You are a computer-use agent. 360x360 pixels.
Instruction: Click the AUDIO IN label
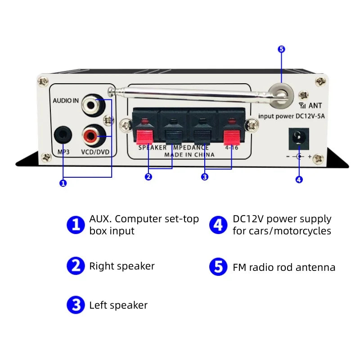pyautogui.click(x=65, y=101)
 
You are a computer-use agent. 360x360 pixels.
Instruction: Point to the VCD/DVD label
pyautogui.click(x=95, y=152)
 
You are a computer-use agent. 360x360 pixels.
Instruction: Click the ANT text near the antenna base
pyautogui.click(x=315, y=106)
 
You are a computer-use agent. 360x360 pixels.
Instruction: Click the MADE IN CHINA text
pyautogui.click(x=189, y=154)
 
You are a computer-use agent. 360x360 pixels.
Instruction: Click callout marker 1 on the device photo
pyautogui.click(x=63, y=183)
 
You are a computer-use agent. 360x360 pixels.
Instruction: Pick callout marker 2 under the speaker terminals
pyautogui.click(x=148, y=177)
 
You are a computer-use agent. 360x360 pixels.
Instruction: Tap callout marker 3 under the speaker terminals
pyautogui.click(x=205, y=177)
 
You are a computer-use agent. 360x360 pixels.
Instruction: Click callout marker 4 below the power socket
pyautogui.click(x=299, y=180)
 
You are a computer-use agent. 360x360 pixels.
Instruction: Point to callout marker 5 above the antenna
pyautogui.click(x=282, y=49)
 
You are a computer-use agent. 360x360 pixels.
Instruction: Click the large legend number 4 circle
pyautogui.click(x=218, y=225)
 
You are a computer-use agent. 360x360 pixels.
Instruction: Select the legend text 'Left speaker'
pyautogui.click(x=118, y=305)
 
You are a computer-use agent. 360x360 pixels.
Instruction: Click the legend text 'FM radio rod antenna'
pyautogui.click(x=284, y=267)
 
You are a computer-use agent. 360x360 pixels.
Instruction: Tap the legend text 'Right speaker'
pyautogui.click(x=121, y=266)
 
